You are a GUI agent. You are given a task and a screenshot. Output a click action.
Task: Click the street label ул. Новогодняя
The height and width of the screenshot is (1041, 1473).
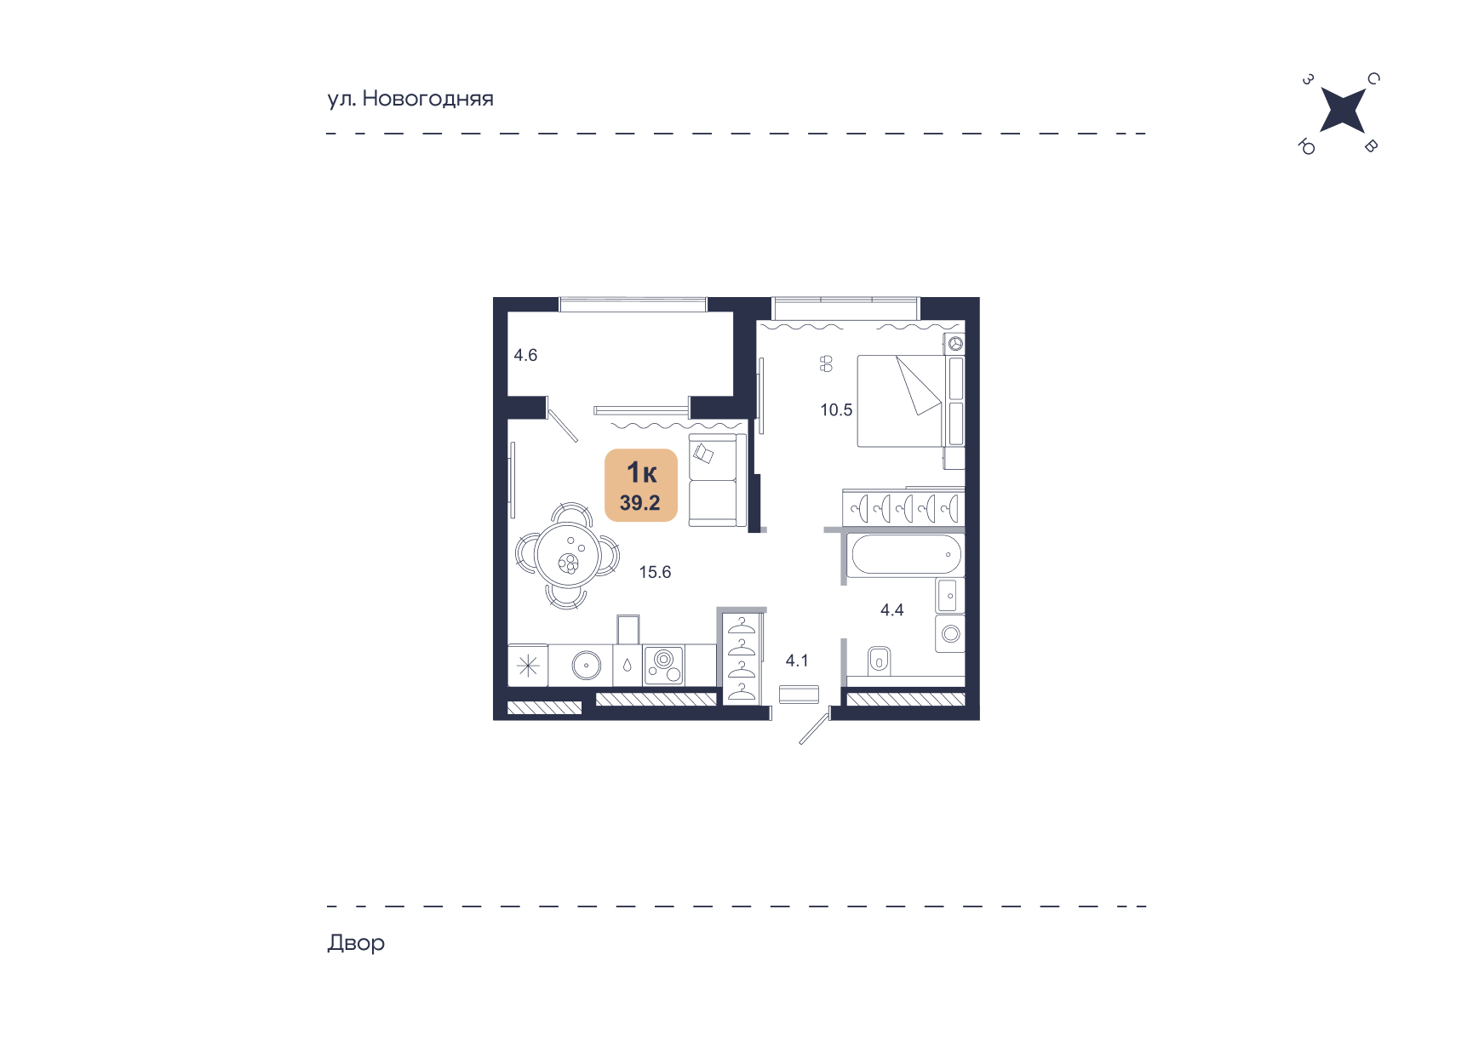[410, 99]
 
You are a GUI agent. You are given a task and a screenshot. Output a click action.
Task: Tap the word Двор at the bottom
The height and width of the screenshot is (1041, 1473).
[356, 943]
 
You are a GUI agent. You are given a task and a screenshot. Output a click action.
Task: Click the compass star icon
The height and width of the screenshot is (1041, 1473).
[1342, 112]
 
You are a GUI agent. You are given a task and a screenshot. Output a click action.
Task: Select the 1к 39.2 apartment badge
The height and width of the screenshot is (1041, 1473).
[641, 485]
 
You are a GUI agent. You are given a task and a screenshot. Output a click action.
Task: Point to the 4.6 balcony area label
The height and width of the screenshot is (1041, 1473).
[525, 355]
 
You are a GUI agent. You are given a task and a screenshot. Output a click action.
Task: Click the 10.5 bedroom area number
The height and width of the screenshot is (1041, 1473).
[836, 410]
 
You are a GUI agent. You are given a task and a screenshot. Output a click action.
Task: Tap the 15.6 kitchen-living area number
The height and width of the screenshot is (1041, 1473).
[655, 572]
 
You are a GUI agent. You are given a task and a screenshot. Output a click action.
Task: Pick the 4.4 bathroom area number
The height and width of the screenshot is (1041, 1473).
[891, 610]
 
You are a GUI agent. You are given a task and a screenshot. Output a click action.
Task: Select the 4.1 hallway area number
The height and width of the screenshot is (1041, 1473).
[797, 661]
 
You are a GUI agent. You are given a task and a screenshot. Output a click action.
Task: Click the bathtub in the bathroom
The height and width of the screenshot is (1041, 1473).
[906, 555]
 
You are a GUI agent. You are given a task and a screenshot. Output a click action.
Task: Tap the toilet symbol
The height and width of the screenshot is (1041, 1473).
[879, 661]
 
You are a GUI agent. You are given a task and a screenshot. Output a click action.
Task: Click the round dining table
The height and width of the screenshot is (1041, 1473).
[568, 555]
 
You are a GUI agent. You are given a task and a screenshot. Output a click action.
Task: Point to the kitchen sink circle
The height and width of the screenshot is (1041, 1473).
[587, 665]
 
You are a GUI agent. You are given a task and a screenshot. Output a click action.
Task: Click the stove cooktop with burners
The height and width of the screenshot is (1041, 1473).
[664, 665]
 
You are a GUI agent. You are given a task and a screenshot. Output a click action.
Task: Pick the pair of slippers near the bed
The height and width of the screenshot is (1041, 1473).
[826, 364]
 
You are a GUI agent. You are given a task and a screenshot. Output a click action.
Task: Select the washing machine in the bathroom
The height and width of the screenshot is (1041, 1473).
[950, 634]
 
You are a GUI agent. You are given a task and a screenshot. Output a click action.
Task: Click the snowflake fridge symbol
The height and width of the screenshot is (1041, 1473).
[528, 666]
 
